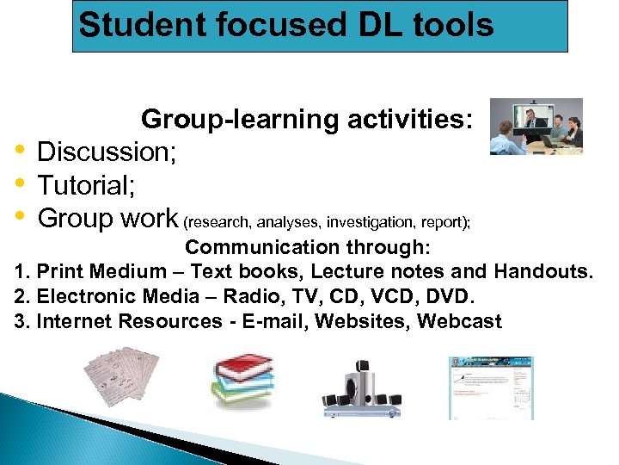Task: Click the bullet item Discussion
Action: pos(107,152)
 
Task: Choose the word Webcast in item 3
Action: pos(459,322)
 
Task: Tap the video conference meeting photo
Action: pos(536,126)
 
